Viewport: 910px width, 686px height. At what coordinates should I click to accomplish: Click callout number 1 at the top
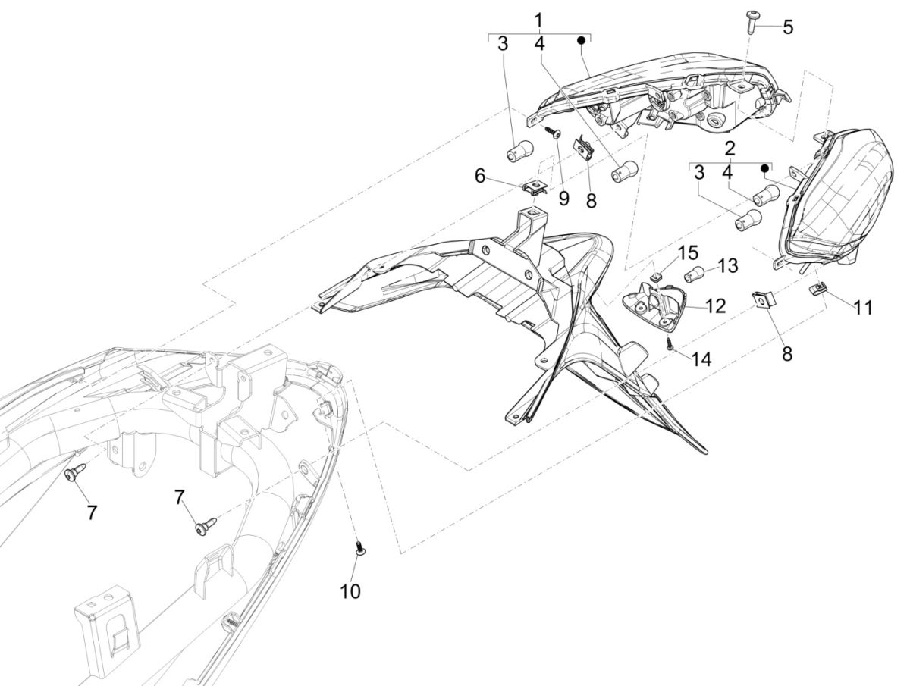(538, 19)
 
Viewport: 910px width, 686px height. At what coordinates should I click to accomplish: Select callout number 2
(730, 147)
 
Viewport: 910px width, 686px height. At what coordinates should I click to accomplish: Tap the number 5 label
(788, 28)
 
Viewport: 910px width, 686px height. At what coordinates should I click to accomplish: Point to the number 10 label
(350, 590)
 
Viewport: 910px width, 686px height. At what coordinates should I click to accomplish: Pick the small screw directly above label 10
(359, 547)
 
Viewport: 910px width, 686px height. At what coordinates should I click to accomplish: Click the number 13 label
(727, 266)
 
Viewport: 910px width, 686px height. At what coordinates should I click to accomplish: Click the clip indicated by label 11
(817, 289)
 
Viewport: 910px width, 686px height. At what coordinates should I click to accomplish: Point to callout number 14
(701, 359)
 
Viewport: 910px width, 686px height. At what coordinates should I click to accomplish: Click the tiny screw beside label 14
(670, 343)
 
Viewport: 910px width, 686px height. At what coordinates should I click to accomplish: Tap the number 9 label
(563, 199)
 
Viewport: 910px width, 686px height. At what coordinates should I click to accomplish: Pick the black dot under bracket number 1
(582, 39)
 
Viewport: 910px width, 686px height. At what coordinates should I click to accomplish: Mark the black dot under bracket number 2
(765, 168)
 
